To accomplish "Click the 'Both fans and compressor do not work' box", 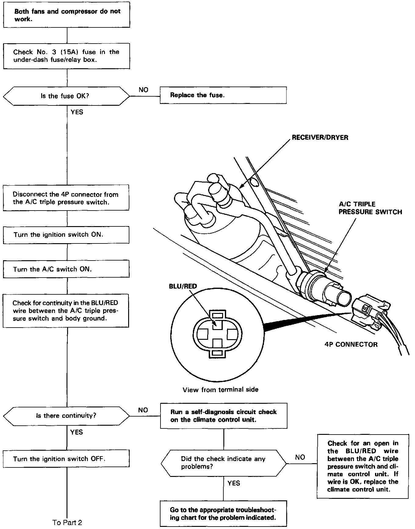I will click(x=67, y=15).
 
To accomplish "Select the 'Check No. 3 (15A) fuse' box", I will click(x=67, y=56).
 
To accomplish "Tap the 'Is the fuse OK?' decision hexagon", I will click(x=67, y=96).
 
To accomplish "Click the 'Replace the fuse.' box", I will click(x=223, y=95).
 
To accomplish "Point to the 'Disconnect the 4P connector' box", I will click(x=66, y=198).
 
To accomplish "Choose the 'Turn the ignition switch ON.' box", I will click(x=66, y=235).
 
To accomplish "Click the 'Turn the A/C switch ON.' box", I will click(x=66, y=269).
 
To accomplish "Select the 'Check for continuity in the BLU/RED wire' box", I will click(x=66, y=311).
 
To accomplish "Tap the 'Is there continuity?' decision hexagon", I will click(x=67, y=416).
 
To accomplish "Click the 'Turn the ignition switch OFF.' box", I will click(x=66, y=459).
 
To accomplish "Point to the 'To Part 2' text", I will click(x=67, y=522).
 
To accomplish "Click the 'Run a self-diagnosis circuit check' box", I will click(x=224, y=416).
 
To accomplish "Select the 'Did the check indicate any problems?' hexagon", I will click(x=224, y=463).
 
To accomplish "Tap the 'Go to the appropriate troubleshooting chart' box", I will click(x=224, y=513).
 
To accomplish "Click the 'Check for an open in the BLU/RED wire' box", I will click(x=363, y=466).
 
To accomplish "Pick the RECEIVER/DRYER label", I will click(x=320, y=137).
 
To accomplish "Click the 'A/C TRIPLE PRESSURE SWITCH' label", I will click(x=370, y=208).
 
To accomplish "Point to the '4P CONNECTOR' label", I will click(x=351, y=344).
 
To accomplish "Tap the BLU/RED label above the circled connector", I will click(x=183, y=286).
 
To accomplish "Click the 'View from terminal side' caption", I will click(x=220, y=389).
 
